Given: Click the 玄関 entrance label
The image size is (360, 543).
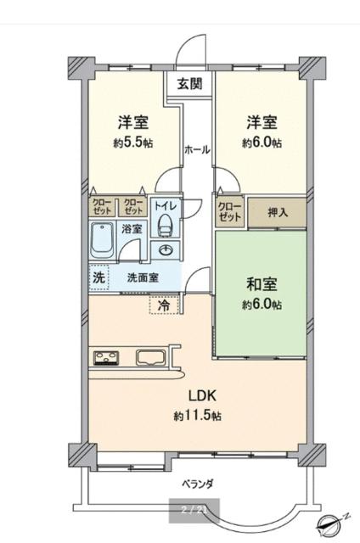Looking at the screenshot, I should pos(189,83).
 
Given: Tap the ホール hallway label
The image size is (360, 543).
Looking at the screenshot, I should pos(197,149).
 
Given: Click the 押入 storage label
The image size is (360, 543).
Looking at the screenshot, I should pos(277,211).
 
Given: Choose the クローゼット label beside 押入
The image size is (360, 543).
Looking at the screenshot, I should pos(230,210).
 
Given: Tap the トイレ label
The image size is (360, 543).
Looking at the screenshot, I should pos(165,204).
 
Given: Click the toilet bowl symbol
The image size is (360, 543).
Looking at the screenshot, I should pos(165,225).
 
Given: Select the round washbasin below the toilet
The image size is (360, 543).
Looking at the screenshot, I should pos(165,249).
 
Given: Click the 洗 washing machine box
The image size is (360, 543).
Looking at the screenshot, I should pos(98,277).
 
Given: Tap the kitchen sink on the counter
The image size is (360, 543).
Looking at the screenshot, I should pos(151,358).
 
